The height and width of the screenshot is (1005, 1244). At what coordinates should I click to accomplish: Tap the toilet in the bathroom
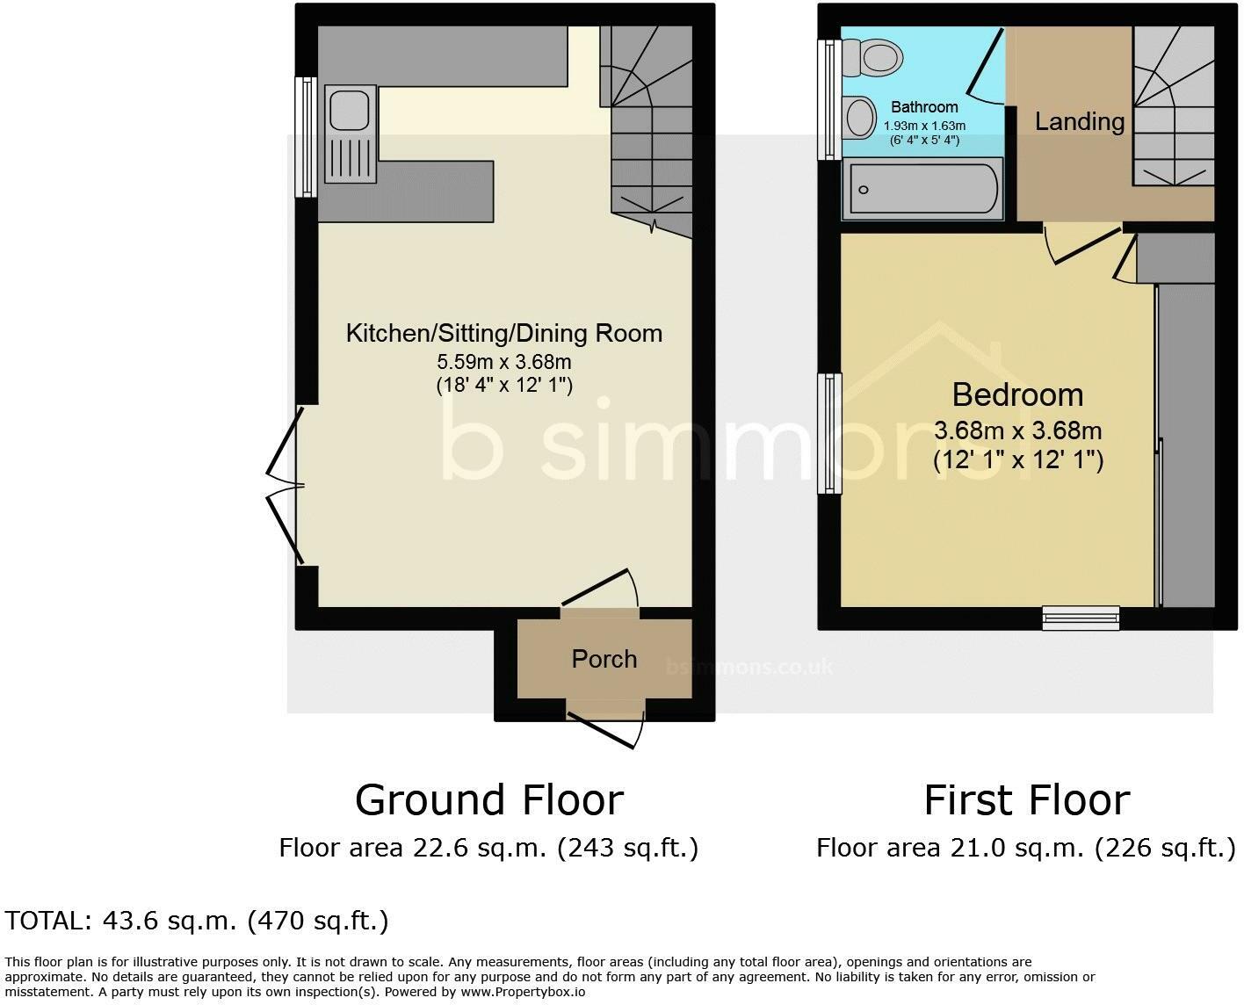[874, 58]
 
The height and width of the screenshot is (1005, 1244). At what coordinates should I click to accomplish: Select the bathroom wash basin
[860, 117]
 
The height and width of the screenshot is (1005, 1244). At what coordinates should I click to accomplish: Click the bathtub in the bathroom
[922, 189]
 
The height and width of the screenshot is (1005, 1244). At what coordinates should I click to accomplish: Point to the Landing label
[1079, 121]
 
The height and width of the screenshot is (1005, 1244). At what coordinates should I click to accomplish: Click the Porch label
[604, 659]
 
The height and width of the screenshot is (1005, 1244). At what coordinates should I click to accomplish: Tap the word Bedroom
[1017, 394]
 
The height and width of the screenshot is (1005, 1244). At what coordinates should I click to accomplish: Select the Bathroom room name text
[924, 107]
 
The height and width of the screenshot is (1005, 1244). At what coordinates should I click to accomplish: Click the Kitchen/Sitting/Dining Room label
[504, 333]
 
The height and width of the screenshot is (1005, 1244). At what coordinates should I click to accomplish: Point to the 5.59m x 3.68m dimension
[504, 361]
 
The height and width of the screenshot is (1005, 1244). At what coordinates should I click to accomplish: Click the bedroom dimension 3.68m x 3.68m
[1017, 431]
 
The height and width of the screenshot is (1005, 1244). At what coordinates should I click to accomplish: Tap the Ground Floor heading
[489, 799]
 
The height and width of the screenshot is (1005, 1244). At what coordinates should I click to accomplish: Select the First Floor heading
[1026, 799]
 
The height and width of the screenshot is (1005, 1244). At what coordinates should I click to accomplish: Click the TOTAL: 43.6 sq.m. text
[196, 921]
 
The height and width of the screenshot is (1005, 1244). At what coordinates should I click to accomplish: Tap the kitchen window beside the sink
[306, 136]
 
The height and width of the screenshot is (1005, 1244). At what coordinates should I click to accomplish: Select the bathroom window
[828, 100]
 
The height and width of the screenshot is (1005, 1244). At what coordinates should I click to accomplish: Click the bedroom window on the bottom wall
[1081, 618]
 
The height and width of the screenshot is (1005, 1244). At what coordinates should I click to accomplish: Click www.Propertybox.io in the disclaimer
[522, 992]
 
